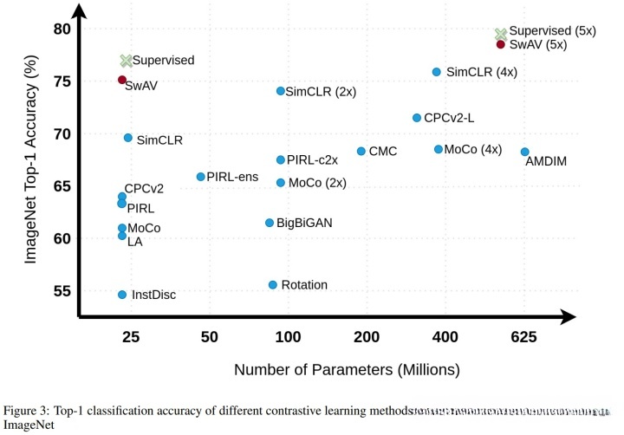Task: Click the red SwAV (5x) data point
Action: (500, 44)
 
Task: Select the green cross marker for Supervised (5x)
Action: (500, 34)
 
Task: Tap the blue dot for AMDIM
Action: (524, 152)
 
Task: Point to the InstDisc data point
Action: (122, 295)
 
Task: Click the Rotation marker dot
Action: (273, 284)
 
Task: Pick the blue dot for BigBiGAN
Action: (270, 223)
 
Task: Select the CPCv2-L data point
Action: (417, 118)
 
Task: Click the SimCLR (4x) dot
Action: (437, 72)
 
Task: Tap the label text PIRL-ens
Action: (232, 177)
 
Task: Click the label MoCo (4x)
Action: (473, 150)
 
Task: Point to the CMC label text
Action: (382, 152)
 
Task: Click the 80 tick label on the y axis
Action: (61, 29)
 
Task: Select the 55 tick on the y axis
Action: (61, 291)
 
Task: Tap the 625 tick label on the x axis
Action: (523, 336)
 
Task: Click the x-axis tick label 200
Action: (367, 336)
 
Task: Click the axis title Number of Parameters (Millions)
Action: (347, 370)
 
